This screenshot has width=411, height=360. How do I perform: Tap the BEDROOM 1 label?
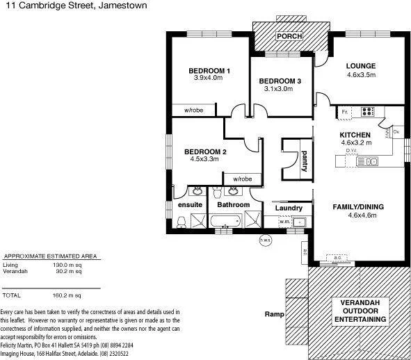tap(209, 71)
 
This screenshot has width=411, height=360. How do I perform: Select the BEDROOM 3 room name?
tap(282, 81)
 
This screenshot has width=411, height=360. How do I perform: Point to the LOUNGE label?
tap(361, 67)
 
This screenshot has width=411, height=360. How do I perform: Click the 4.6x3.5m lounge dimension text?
tap(361, 75)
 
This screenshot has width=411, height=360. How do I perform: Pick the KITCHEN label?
tap(355, 135)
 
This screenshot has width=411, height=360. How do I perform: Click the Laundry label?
tap(288, 208)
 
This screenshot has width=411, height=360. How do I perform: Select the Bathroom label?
tap(233, 205)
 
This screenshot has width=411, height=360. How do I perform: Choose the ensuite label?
tap(190, 205)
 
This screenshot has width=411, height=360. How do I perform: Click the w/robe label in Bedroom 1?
tap(194, 111)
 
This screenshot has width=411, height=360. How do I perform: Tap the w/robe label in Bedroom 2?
tap(242, 179)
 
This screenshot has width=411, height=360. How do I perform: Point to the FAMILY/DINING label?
tap(358, 207)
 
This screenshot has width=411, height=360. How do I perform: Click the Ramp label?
tap(275, 314)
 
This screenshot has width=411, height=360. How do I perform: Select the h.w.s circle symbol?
tap(264, 240)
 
